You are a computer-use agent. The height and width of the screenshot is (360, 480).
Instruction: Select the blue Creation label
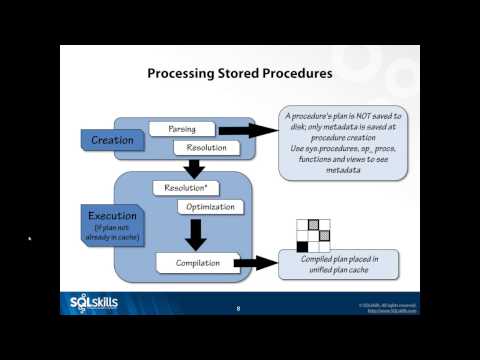(x=111, y=139)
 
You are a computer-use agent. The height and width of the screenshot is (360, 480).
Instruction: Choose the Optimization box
(x=211, y=207)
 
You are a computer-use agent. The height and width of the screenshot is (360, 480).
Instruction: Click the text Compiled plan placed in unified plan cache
(x=338, y=264)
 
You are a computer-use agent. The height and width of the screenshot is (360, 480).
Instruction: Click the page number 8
(x=238, y=309)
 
